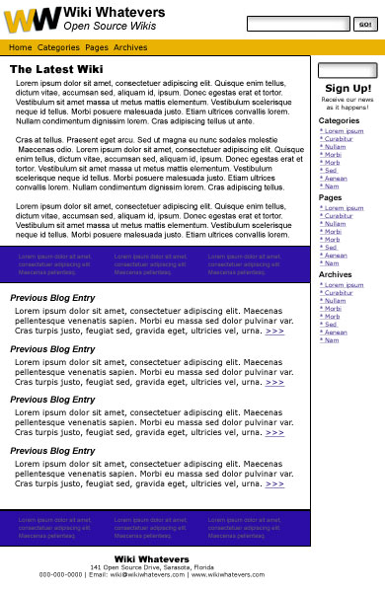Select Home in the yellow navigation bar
(21, 47)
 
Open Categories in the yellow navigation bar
(58, 47)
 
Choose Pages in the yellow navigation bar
(97, 47)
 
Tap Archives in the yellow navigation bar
(130, 47)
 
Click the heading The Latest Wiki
(56, 69)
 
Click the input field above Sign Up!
(347, 71)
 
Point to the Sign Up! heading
(347, 88)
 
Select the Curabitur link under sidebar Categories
(339, 139)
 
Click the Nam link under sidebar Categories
(332, 185)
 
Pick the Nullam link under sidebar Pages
(336, 224)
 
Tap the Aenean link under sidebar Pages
(337, 255)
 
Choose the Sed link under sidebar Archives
(331, 324)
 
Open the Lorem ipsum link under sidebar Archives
(344, 285)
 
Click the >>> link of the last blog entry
(274, 483)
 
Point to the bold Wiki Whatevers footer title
(152, 559)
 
